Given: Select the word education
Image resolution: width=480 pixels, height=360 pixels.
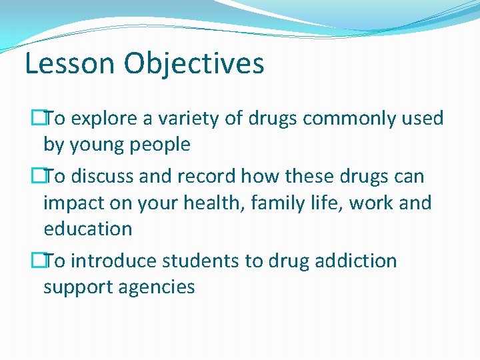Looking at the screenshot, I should [x=87, y=229].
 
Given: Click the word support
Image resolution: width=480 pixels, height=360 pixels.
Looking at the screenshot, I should [x=79, y=287].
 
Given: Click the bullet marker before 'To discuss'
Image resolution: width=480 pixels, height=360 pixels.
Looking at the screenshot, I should [x=38, y=177].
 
